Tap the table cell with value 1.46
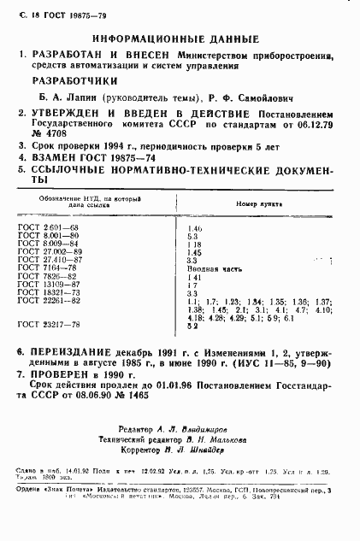193,227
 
